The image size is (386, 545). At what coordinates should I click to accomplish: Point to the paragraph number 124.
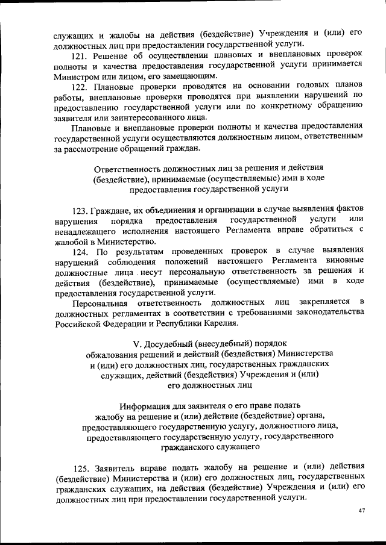81,249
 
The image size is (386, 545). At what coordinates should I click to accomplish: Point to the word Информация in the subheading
146,405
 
